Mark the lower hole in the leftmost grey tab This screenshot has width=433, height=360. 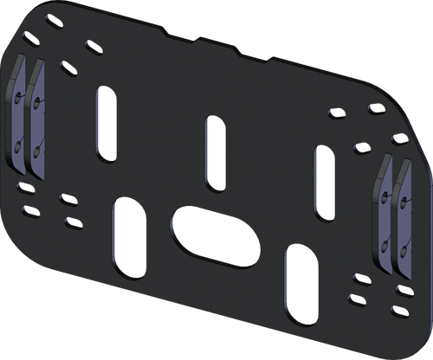click(19, 148)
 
